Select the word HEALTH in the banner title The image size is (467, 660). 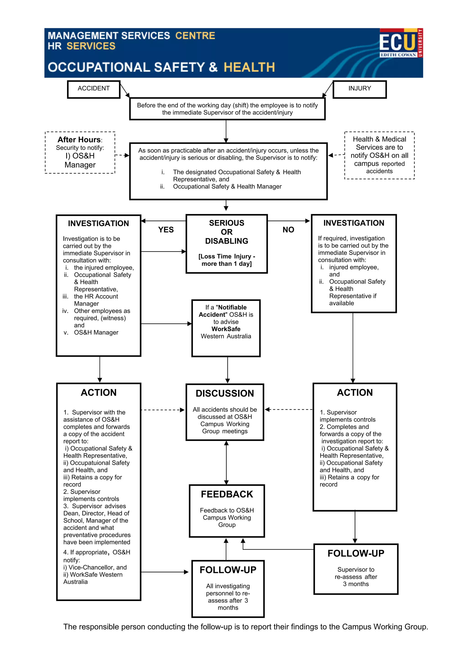[x=249, y=67]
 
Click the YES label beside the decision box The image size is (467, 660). [x=166, y=230]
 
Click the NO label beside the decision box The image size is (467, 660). [x=288, y=230]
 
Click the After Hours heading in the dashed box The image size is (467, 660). [x=79, y=140]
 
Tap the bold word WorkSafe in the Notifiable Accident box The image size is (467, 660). [x=226, y=329]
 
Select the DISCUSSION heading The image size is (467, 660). [x=225, y=393]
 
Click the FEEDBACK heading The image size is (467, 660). [x=227, y=494]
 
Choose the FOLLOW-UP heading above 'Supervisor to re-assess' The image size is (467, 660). [x=356, y=553]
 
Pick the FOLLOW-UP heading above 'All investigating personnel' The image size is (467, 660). [x=228, y=570]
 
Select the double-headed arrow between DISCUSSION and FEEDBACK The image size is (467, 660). [x=226, y=463]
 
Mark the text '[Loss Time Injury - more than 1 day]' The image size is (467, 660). [x=226, y=260]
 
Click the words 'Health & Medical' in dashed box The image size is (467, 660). [x=379, y=139]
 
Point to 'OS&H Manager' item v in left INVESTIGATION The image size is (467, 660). [x=96, y=332]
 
